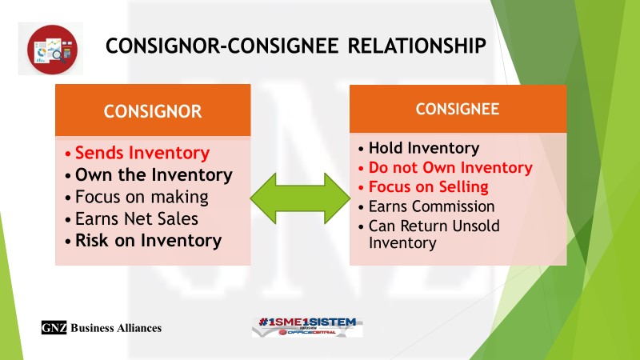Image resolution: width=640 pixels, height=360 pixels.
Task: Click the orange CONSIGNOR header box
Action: pos(151,110)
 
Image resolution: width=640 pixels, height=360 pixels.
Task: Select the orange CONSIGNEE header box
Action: pos(458,108)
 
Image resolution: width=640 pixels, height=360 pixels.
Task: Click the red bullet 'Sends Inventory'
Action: pos(142,153)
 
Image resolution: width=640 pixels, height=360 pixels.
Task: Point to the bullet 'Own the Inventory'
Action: pos(153,174)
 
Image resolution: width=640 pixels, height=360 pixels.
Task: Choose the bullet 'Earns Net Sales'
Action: pos(140,218)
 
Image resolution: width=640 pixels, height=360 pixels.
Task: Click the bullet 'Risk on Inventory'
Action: pos(148,239)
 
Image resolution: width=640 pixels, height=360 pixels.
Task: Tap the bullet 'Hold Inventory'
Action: pos(423,148)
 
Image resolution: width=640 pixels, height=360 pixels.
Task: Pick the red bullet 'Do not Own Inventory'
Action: pos(450,168)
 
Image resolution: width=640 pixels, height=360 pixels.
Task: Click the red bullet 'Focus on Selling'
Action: pos(428,187)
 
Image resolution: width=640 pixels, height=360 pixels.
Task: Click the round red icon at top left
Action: pos(50,49)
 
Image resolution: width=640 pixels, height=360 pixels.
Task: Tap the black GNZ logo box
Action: pos(54,327)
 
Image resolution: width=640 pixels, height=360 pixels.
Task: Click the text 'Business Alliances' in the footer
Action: pos(116,328)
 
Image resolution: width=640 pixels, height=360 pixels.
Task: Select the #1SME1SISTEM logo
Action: pos(307,326)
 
